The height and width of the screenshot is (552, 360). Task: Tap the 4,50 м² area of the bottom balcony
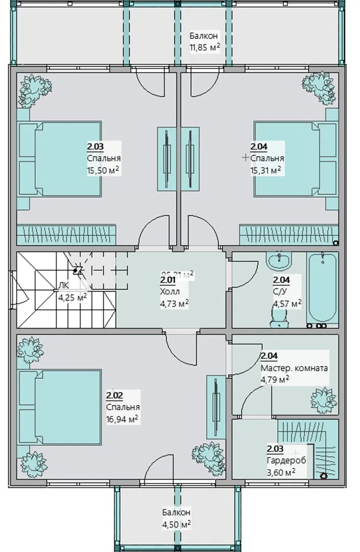[x=176, y=524]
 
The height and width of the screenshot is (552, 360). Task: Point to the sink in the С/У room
[x=279, y=261]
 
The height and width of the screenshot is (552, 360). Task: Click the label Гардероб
[x=286, y=461]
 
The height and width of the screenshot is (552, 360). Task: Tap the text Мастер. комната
[x=294, y=368]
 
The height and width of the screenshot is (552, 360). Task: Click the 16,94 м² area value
[x=123, y=419]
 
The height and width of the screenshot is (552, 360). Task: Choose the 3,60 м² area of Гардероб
[x=281, y=472]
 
